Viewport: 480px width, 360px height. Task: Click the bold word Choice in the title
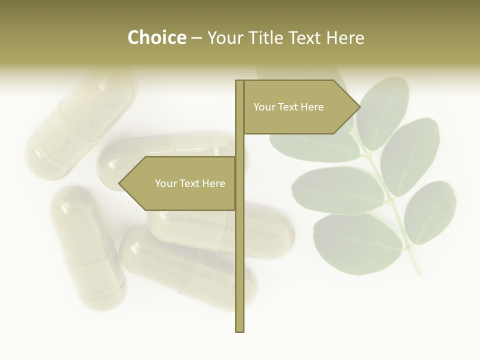tap(156, 37)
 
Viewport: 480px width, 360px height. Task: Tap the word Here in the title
tap(345, 37)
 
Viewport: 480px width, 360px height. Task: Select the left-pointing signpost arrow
tap(180, 183)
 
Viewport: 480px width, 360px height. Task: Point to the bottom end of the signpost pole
tap(240, 330)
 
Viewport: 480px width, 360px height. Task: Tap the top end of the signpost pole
tap(240, 82)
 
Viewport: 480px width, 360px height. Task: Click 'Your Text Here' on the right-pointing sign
tap(288, 107)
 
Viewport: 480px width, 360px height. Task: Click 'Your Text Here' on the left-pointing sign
tap(190, 183)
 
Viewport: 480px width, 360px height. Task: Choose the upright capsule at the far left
tap(87, 245)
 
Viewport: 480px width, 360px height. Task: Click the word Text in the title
tap(304, 37)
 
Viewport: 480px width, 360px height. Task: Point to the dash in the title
tap(196, 38)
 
